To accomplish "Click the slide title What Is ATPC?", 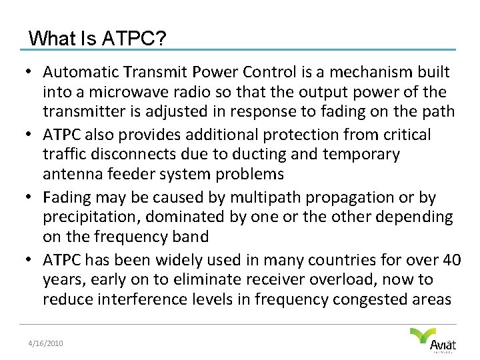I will click(97, 38).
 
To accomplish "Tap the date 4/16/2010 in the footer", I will click(45, 343).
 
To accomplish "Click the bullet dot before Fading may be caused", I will click(32, 197).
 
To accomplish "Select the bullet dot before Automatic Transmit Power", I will click(32, 71).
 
